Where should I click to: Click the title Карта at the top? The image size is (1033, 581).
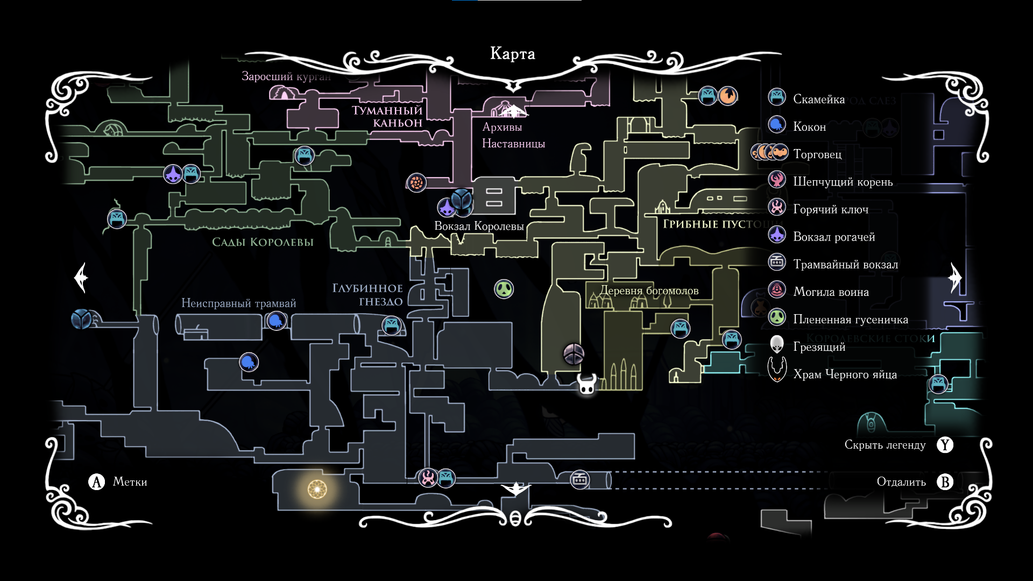click(512, 54)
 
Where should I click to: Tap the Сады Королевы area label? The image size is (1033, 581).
click(263, 242)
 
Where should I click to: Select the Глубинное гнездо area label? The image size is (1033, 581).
click(367, 295)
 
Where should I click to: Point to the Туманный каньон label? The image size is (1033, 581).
click(387, 117)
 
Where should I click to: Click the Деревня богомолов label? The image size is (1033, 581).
click(649, 291)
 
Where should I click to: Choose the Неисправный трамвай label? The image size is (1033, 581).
click(238, 303)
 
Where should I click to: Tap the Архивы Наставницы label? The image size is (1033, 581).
click(513, 136)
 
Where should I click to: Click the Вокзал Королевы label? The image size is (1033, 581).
click(479, 226)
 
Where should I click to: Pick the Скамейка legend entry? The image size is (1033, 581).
click(818, 100)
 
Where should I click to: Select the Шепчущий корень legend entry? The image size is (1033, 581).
click(843, 182)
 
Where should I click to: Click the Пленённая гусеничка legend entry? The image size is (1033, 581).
click(850, 320)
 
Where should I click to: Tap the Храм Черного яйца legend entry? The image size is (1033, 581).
click(845, 374)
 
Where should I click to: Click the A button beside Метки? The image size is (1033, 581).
click(96, 481)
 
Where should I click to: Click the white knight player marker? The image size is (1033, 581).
click(587, 384)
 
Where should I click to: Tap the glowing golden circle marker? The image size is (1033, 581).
click(317, 490)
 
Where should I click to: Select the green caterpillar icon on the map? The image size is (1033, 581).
click(504, 289)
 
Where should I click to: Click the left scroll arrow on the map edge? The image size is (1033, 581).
click(81, 278)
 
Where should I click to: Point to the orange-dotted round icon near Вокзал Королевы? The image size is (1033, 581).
click(416, 183)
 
